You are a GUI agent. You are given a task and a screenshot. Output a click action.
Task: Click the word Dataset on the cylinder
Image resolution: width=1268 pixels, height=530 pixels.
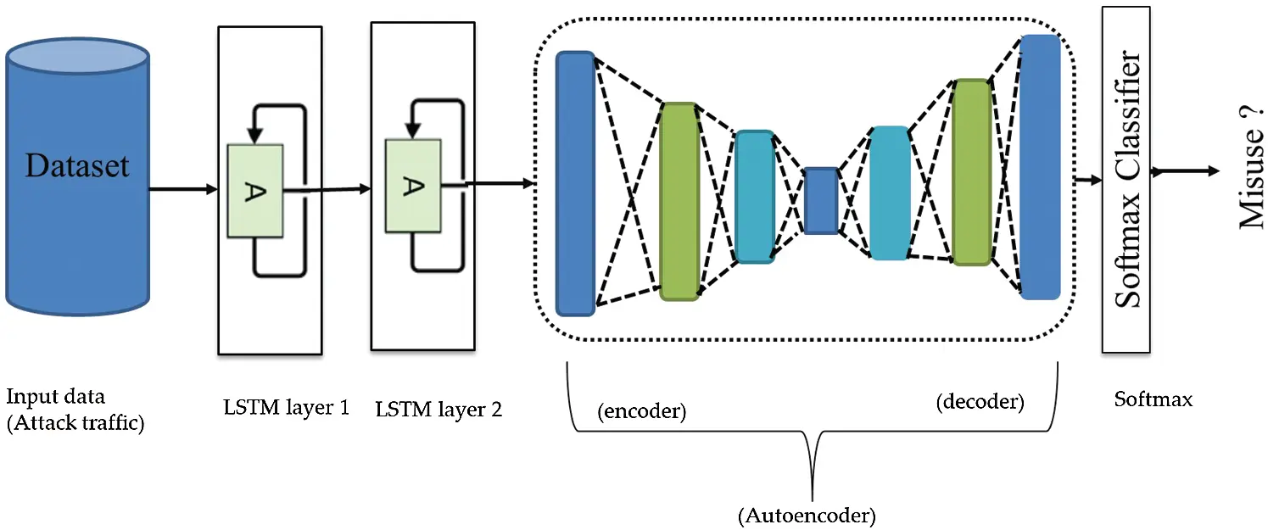(77, 165)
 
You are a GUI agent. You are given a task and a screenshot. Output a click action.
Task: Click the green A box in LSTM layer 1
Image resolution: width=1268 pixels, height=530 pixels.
(255, 191)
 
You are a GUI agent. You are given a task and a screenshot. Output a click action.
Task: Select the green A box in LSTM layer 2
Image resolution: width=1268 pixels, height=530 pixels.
(412, 186)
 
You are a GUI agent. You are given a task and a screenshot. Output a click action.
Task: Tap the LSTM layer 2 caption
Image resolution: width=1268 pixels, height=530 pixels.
(438, 410)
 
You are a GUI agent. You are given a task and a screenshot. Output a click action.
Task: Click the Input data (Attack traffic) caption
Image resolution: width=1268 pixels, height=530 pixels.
(75, 410)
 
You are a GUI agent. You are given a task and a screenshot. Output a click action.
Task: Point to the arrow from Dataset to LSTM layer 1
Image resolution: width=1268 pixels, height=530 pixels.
(182, 188)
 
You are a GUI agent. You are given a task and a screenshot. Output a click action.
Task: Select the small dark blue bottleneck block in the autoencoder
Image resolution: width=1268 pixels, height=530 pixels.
(821, 201)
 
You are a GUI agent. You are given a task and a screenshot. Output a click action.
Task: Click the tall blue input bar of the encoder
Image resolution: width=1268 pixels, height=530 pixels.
(576, 183)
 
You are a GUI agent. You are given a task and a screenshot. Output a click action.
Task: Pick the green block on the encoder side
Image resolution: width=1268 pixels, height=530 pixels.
(679, 201)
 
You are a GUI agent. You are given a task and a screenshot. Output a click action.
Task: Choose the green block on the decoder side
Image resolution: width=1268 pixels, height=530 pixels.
(971, 172)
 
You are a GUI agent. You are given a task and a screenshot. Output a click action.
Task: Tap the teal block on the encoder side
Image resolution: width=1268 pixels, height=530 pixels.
(755, 197)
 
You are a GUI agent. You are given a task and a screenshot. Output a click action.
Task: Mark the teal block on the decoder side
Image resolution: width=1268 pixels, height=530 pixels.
(890, 192)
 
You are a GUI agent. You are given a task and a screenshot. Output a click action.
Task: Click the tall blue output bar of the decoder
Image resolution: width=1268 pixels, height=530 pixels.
(1041, 166)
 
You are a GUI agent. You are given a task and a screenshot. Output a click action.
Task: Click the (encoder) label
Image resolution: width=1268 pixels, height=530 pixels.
(642, 412)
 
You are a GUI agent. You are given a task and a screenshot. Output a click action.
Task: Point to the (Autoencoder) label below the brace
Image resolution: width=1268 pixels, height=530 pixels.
(807, 514)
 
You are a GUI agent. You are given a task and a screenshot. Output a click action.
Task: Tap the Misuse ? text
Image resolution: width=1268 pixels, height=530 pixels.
(1249, 173)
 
